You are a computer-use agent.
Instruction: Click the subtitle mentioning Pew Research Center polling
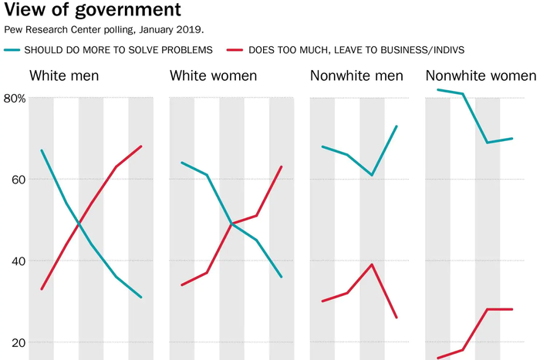pyautogui.click(x=104, y=30)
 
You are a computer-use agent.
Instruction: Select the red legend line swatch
pyautogui.click(x=236, y=50)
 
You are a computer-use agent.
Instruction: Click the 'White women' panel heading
pyautogui.click(x=214, y=76)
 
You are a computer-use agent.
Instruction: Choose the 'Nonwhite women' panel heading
pyautogui.click(x=481, y=76)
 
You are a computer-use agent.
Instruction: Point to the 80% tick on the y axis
pyautogui.click(x=15, y=99)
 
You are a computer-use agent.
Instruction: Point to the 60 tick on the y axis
pyautogui.click(x=16, y=180)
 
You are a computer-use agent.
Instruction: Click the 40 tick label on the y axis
pyautogui.click(x=16, y=261)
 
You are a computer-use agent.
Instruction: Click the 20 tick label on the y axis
pyautogui.click(x=16, y=342)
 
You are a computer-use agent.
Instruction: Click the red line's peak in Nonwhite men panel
pyautogui.click(x=372, y=264)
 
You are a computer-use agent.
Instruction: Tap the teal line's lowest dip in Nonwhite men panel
pyautogui.click(x=372, y=175)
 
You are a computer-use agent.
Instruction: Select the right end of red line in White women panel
pyautogui.click(x=282, y=167)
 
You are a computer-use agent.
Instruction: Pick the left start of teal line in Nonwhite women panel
pyautogui.click(x=437, y=90)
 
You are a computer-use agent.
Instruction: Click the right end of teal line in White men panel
pyautogui.click(x=141, y=298)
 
